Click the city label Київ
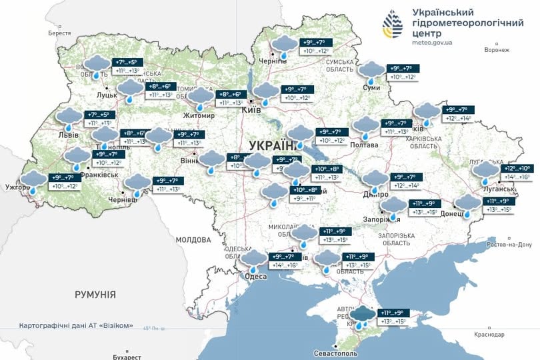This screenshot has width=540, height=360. pos(251,109)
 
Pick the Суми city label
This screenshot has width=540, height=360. pos(371,87)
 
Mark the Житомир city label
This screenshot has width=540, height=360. pos(200,115)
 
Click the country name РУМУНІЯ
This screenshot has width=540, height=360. pos(95,294)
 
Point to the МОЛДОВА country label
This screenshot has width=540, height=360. pos(193,239)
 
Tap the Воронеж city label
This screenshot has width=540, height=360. pos(497,49)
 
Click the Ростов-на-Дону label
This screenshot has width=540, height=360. pos(511,245)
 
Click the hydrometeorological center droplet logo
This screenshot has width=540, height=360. pos(392,25)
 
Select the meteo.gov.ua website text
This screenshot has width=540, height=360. pos(432,42)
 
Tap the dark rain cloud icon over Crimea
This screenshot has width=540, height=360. pos(363,316)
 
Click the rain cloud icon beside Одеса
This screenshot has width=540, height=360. pos(253,259)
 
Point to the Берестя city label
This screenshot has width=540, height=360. pos(59,33)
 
